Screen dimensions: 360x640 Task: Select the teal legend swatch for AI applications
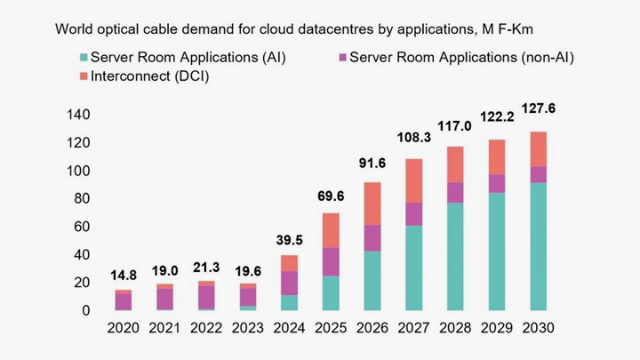(83, 58)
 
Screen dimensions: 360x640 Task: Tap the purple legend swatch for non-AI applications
(341, 58)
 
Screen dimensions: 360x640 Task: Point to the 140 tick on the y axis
(80, 115)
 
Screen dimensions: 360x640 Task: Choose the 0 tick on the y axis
(87, 310)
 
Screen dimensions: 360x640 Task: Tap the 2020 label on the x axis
(124, 329)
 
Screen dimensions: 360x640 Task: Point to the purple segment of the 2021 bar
(164, 299)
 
